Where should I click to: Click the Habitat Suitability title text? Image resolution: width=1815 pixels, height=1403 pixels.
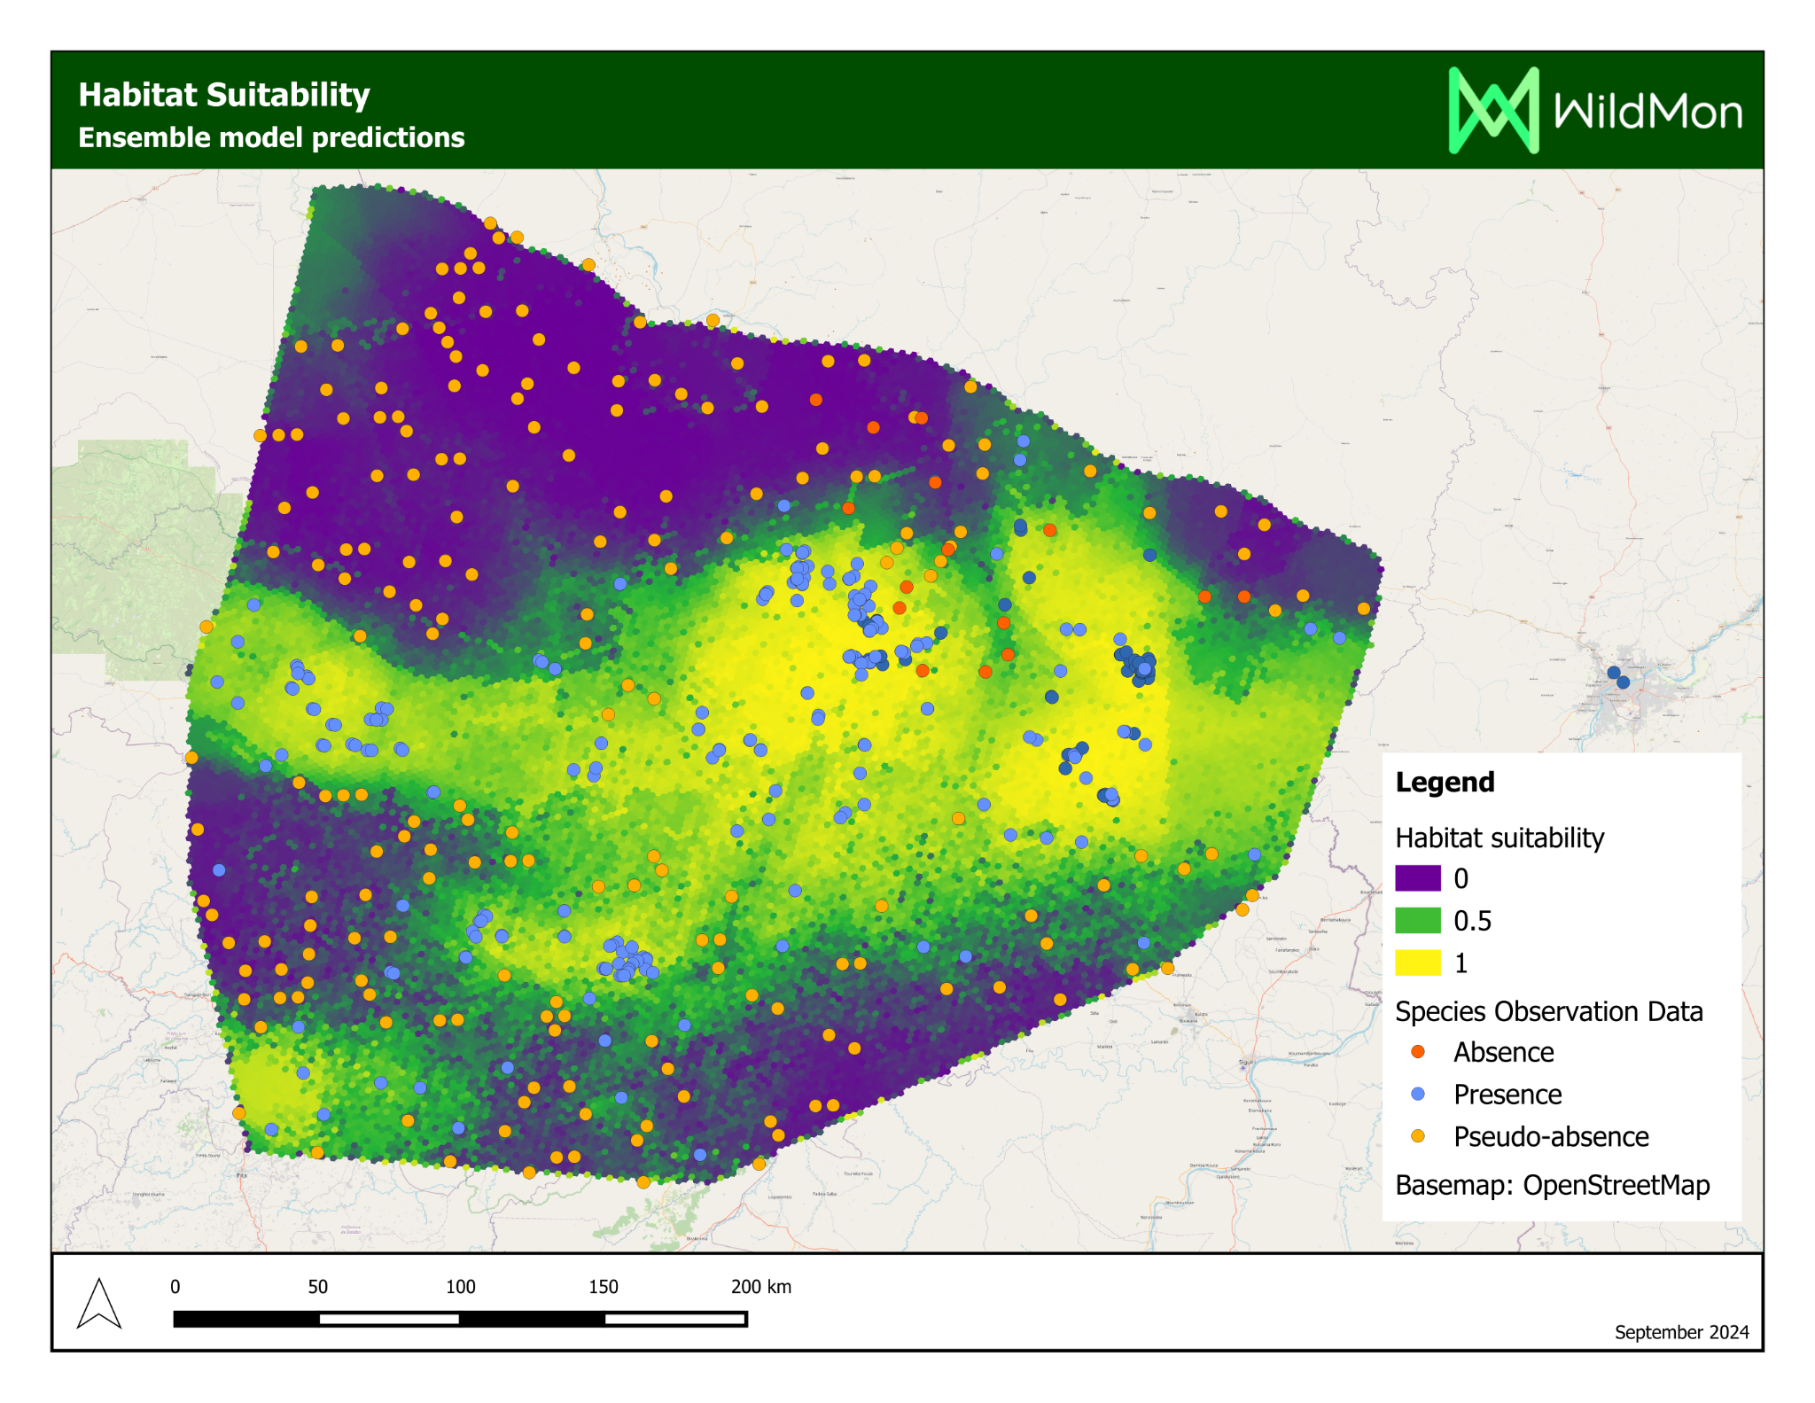pyautogui.click(x=223, y=95)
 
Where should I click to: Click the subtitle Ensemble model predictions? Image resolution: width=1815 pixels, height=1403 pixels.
pyautogui.click(x=271, y=138)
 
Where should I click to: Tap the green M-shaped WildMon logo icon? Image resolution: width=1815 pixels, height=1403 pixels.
pyautogui.click(x=1492, y=111)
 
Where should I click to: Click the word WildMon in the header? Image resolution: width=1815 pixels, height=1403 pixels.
pyautogui.click(x=1648, y=113)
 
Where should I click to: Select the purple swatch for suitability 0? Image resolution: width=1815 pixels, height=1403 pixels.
pyautogui.click(x=1417, y=878)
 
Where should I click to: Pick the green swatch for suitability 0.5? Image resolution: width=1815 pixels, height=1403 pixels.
pyautogui.click(x=1417, y=921)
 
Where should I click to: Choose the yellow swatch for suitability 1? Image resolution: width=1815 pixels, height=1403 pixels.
pyautogui.click(x=1417, y=963)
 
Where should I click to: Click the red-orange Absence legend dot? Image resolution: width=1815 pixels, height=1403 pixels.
pyautogui.click(x=1418, y=1052)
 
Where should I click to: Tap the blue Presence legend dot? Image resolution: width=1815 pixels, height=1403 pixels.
pyautogui.click(x=1418, y=1095)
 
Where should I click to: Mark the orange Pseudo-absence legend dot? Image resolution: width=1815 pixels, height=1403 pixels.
pyautogui.click(x=1418, y=1136)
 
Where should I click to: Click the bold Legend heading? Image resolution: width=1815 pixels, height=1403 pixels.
pyautogui.click(x=1445, y=782)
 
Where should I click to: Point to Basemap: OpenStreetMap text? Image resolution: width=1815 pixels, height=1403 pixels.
pyautogui.click(x=1552, y=1185)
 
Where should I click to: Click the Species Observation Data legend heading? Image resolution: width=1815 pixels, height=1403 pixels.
pyautogui.click(x=1548, y=1011)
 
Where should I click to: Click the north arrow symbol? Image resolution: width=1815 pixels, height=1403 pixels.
pyautogui.click(x=99, y=1304)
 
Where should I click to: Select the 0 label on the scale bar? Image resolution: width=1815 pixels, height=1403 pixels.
pyautogui.click(x=175, y=1287)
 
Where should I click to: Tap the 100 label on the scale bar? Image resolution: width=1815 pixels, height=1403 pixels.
pyautogui.click(x=460, y=1287)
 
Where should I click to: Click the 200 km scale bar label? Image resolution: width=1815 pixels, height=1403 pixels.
pyautogui.click(x=760, y=1287)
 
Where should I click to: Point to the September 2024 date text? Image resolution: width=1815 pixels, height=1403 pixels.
pyautogui.click(x=1681, y=1332)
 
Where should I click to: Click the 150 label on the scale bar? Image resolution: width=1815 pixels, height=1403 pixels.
pyautogui.click(x=603, y=1287)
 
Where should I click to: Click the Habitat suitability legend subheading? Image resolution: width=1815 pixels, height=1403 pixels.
pyautogui.click(x=1500, y=838)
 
